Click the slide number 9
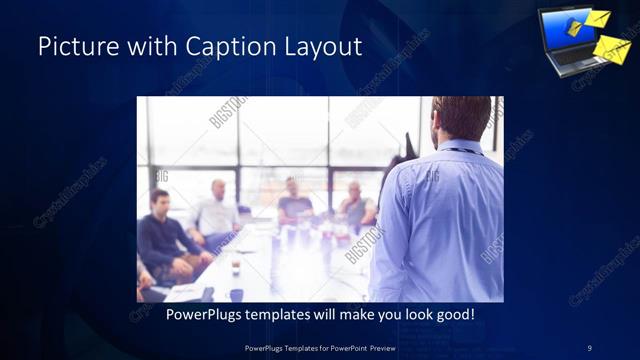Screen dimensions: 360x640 (x=589, y=348)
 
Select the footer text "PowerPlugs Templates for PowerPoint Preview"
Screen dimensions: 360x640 (x=319, y=348)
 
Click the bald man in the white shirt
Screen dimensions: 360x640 (x=216, y=213)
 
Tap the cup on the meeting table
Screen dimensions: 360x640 (x=235, y=265)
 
